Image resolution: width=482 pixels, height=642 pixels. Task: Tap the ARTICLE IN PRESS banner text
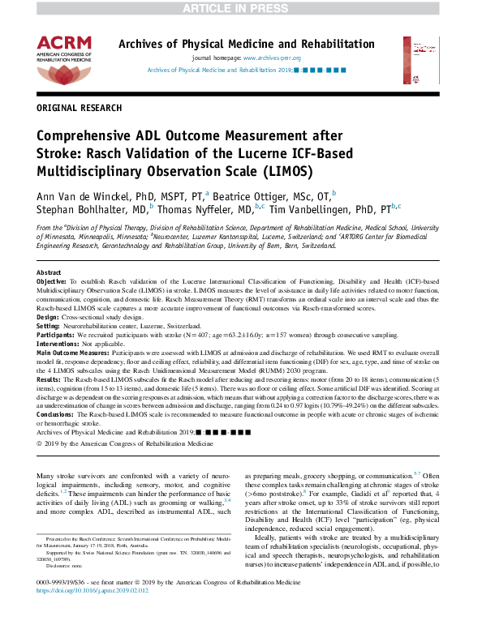click(240, 8)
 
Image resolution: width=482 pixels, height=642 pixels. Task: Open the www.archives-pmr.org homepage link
click(272, 58)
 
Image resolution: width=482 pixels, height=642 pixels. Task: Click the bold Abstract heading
click(49, 272)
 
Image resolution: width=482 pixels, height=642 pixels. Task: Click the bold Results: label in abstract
click(49, 378)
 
